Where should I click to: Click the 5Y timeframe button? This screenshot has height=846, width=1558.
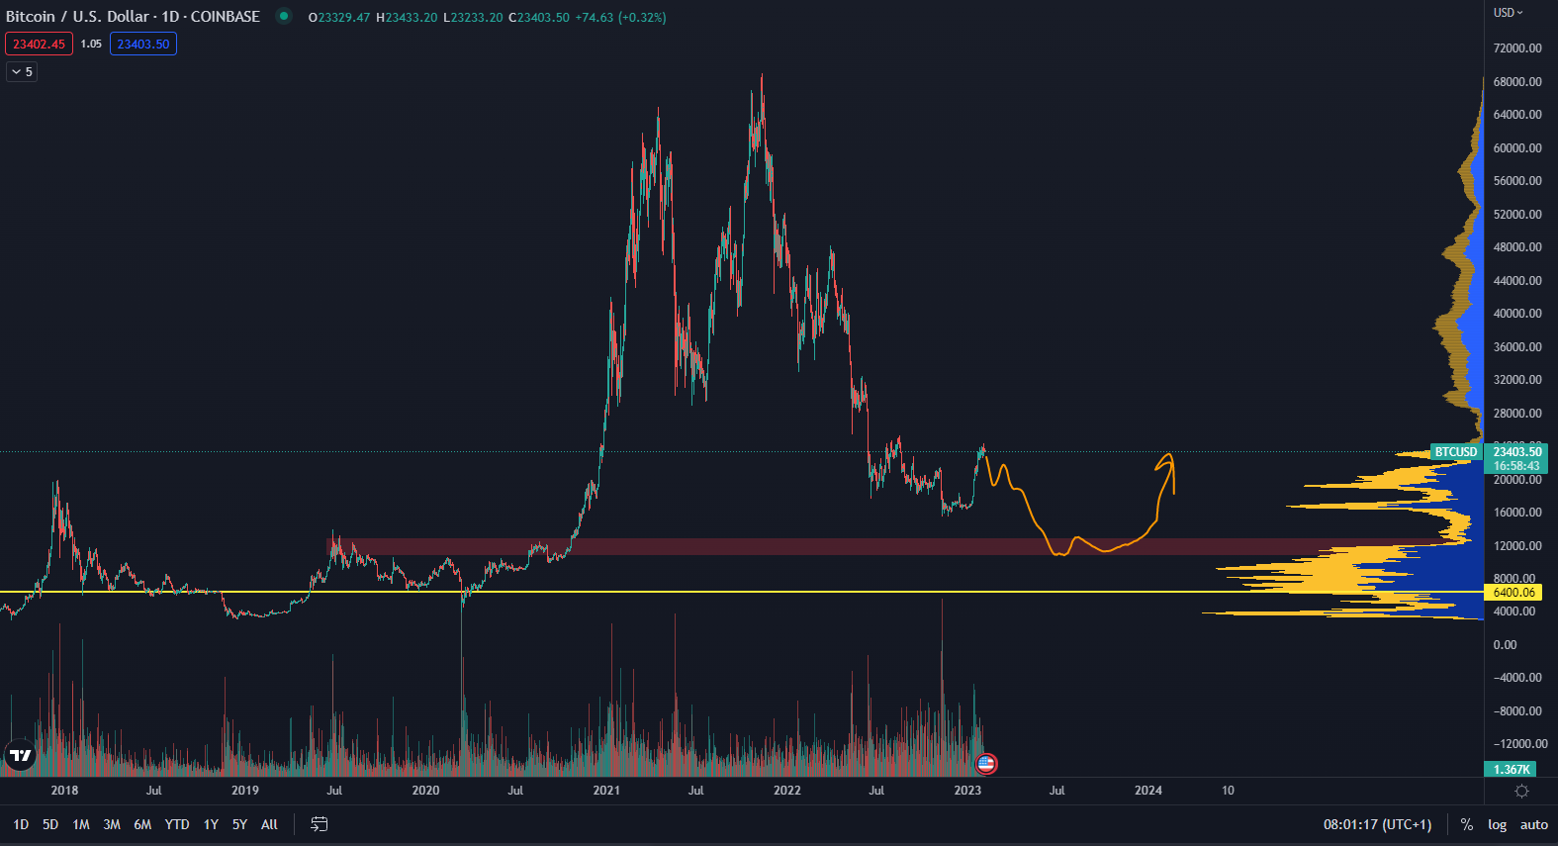(239, 824)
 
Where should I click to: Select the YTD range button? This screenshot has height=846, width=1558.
(177, 824)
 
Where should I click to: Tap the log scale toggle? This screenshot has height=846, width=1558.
(1497, 824)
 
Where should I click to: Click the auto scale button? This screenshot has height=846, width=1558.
(1533, 824)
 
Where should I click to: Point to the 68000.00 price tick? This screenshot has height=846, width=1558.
(1517, 81)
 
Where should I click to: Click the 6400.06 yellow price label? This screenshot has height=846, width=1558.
(1513, 593)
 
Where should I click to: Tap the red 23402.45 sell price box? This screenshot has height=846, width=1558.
(39, 44)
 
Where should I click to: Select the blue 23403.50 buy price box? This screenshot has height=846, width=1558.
(143, 44)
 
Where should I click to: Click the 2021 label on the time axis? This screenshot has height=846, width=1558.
(606, 791)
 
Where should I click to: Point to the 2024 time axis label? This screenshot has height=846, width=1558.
(1148, 791)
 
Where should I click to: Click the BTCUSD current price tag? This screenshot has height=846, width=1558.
(1456, 452)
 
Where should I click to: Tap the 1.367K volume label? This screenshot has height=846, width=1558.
(1511, 769)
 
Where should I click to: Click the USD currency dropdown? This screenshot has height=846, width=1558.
(1509, 13)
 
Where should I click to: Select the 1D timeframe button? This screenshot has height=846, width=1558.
(21, 824)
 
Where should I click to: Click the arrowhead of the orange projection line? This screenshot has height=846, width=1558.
(1169, 456)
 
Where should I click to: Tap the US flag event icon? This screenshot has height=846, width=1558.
(985, 763)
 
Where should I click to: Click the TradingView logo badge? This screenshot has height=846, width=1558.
(20, 755)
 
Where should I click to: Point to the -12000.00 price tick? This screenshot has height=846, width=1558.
(1518, 744)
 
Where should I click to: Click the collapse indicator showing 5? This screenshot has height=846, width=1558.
(22, 71)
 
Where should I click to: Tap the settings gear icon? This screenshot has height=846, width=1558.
(1521, 791)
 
